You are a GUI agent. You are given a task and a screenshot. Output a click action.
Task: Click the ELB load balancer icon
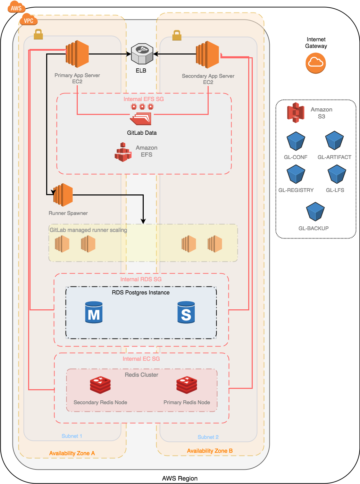pos(142,54)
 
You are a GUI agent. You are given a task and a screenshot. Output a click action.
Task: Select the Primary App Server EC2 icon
pos(77,54)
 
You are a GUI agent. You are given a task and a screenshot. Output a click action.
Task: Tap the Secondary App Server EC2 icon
pos(208,55)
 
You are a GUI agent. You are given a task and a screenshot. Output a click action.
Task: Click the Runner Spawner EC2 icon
pos(63,195)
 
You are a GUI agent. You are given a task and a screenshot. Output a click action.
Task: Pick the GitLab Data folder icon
pos(141,118)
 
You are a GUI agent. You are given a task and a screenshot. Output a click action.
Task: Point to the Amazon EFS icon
pos(123,152)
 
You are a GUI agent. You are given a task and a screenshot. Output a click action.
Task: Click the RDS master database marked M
pos(94,312)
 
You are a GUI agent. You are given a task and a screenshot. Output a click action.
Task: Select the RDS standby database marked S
pos(186,312)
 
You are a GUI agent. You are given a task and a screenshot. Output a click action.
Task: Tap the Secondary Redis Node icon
pos(100,385)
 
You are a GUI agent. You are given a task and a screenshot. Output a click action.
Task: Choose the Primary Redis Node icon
pos(187,385)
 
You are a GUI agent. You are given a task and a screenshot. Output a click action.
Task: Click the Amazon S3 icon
pos(296,112)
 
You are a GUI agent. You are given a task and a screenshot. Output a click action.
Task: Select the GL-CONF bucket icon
pos(296,141)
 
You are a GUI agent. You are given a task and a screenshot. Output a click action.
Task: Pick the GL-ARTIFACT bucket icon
pos(334,140)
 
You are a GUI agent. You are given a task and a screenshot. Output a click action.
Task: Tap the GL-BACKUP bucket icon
pos(315,212)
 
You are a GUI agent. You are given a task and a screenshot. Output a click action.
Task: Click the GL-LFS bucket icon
pos(337,174)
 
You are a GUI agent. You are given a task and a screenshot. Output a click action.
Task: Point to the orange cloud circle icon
pos(316,63)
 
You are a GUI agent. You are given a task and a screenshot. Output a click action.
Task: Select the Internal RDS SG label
pos(141,279)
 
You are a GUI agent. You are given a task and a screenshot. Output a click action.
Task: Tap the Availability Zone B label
pos(210,451)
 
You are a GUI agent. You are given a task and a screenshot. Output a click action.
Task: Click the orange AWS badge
pos(16,8)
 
